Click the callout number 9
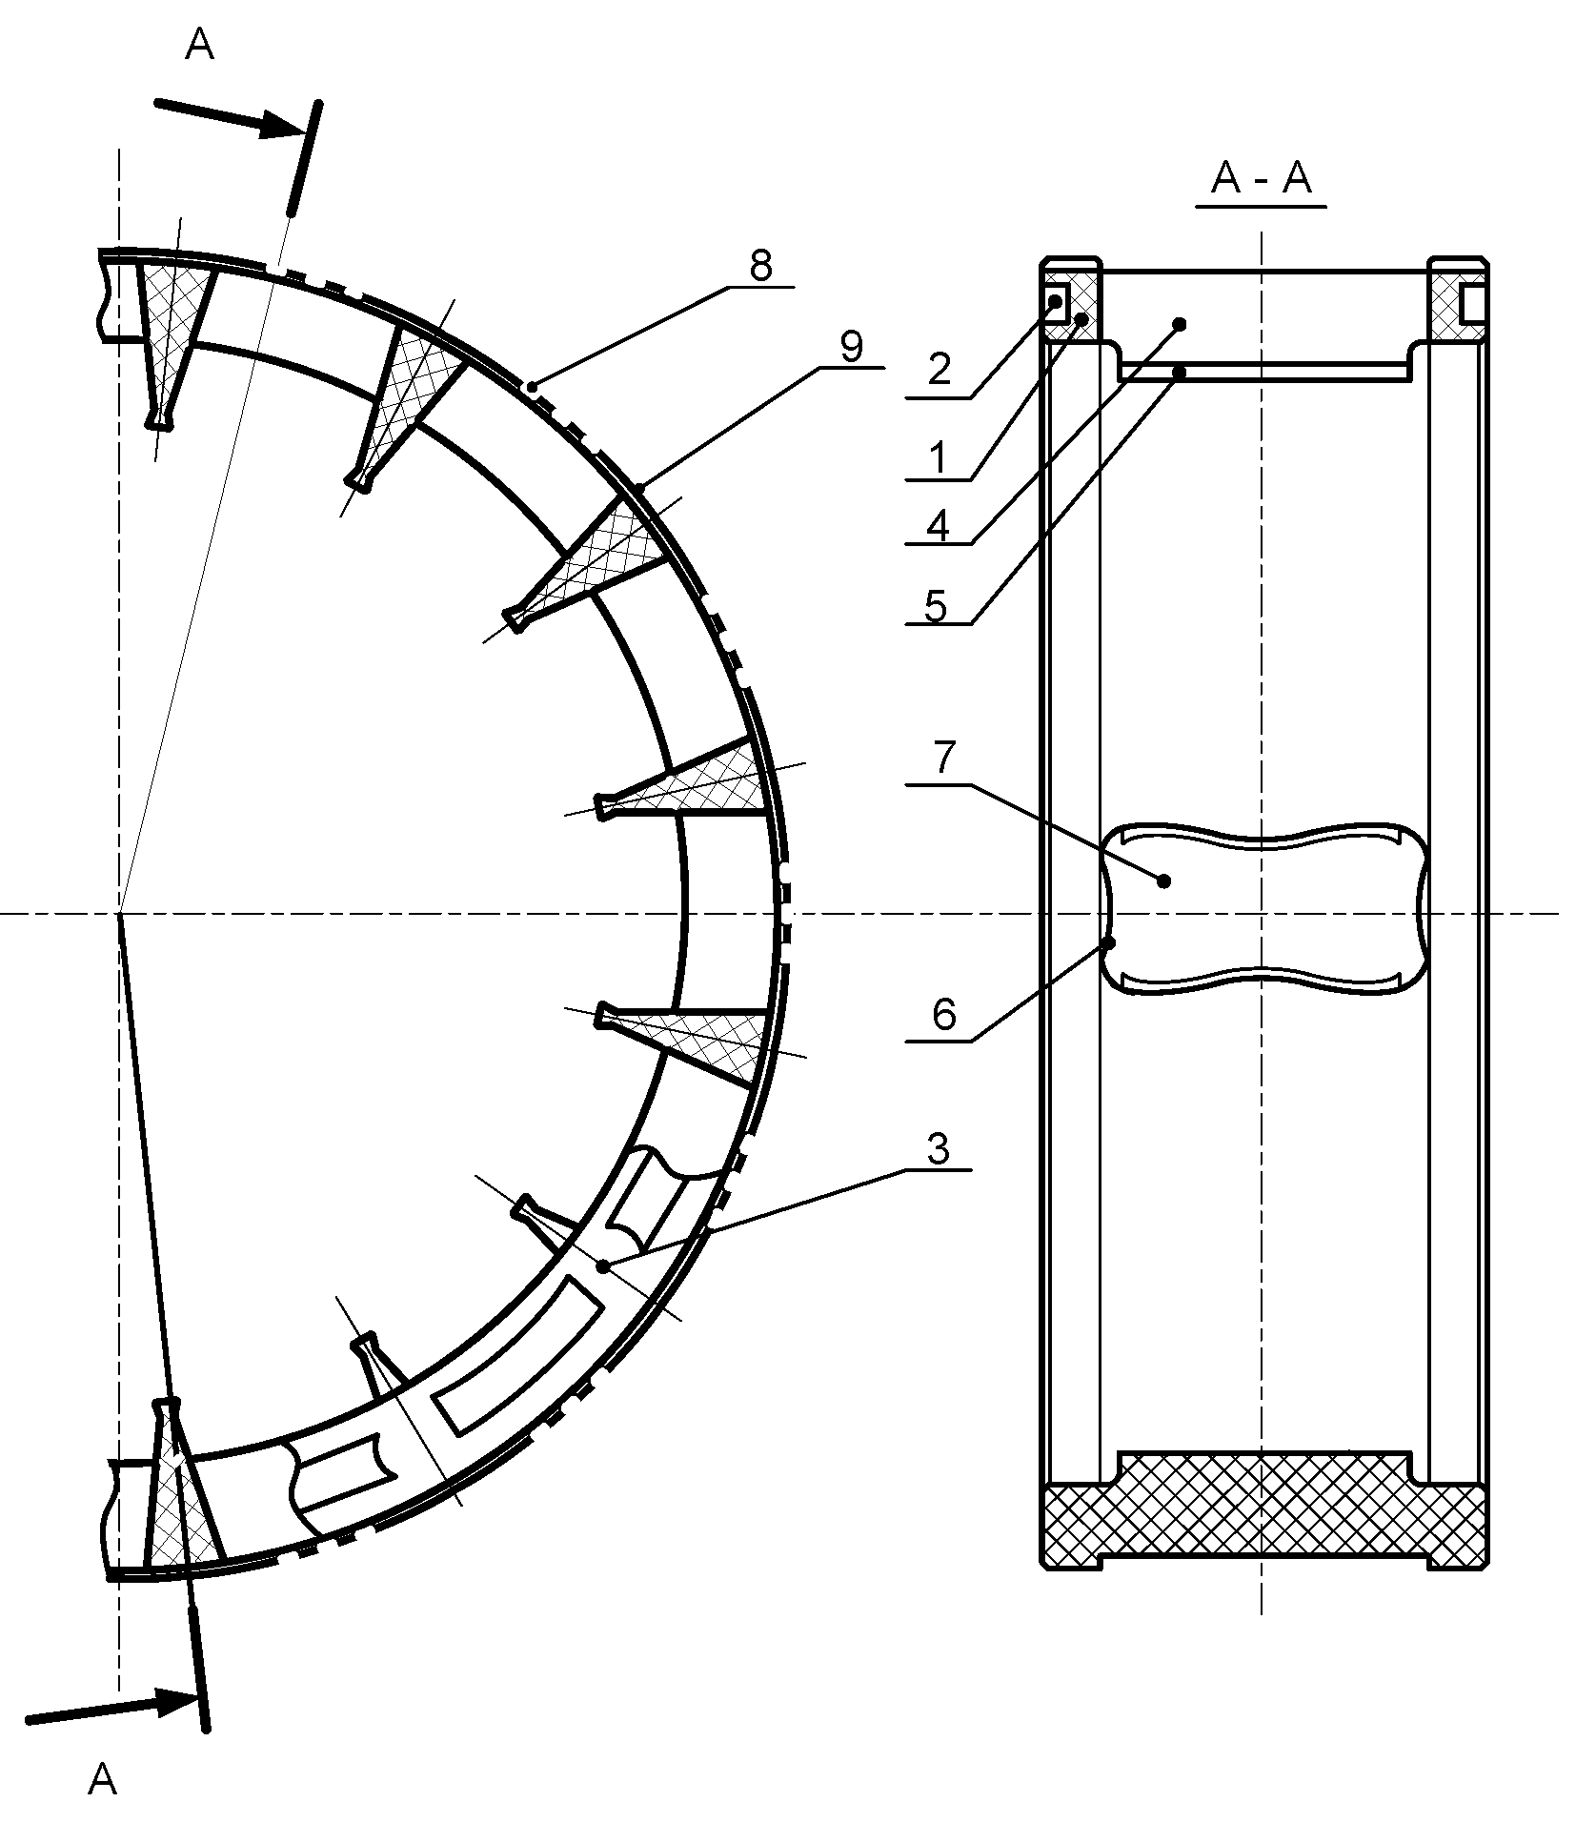coord(851,348)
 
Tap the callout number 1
coord(939,458)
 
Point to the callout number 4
coord(939,526)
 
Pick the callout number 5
coord(937,606)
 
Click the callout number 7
coord(943,759)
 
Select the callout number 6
coord(943,1016)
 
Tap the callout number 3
coord(939,1150)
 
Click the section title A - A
coord(1261,178)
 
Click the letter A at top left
coord(199,44)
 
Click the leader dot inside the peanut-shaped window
coord(1163,881)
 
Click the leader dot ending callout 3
coord(602,1266)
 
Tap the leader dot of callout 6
coord(1109,943)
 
